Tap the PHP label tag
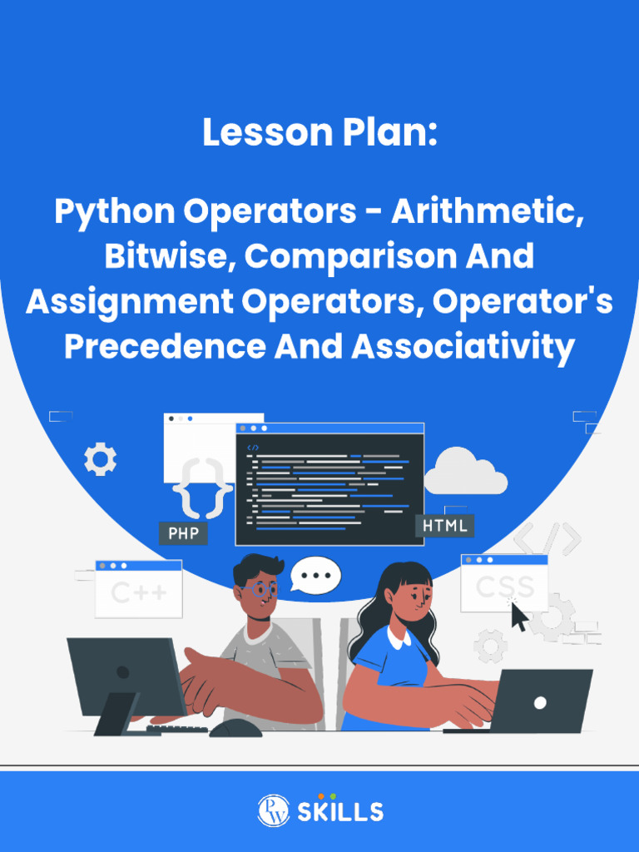coord(183,533)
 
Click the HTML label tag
coord(444,526)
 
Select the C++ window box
coord(139,589)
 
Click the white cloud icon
coord(465,472)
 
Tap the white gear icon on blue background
coord(101,459)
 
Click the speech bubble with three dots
coord(316,575)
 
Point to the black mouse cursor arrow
coord(519,616)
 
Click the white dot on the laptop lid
coord(540,703)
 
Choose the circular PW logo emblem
coord(273,810)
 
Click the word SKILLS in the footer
coord(340,812)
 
